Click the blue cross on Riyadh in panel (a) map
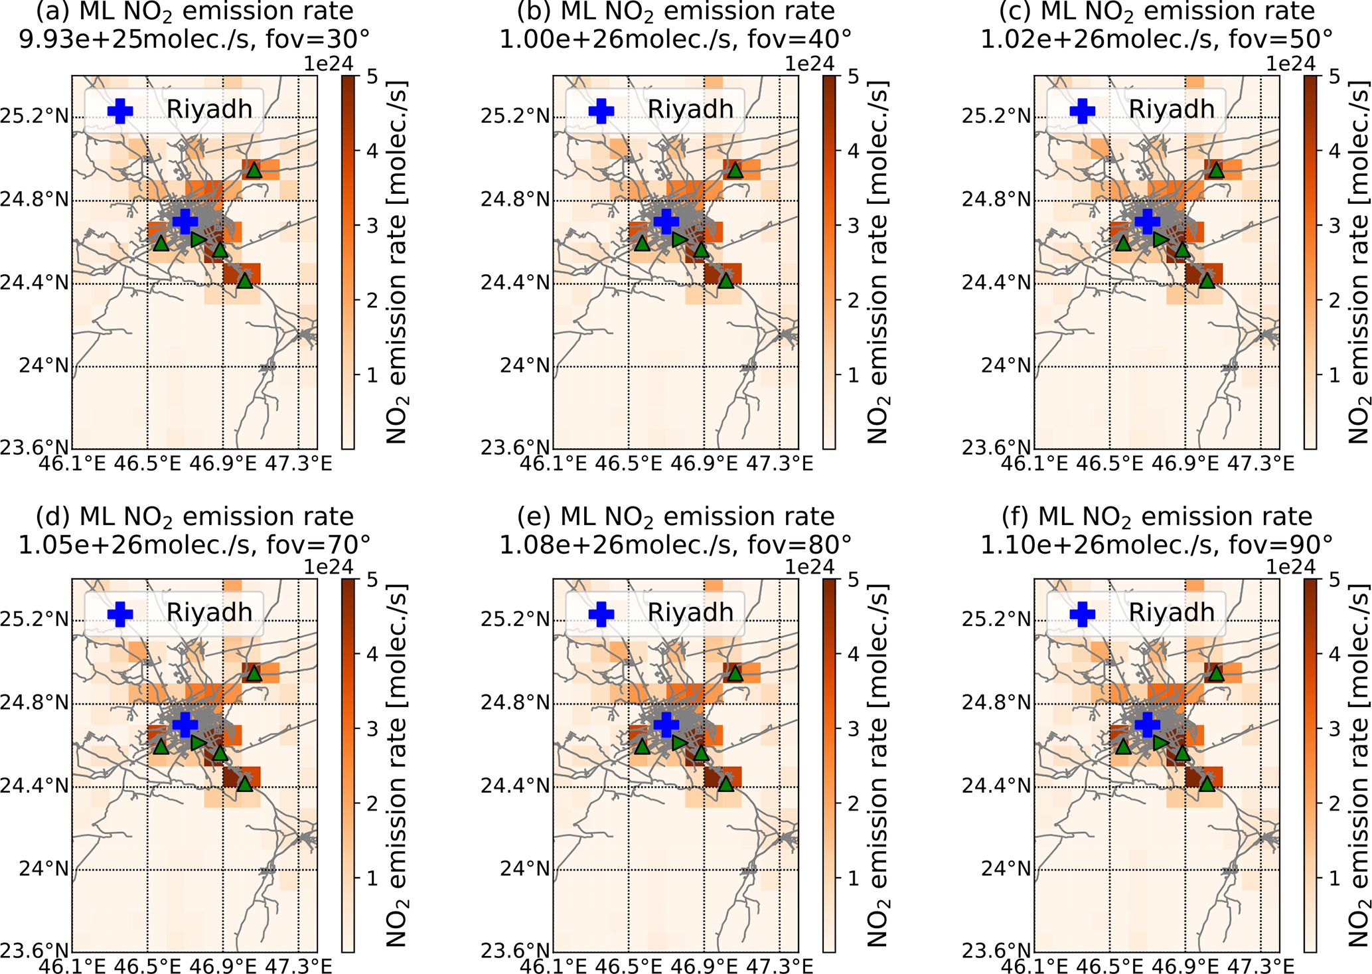coord(185,221)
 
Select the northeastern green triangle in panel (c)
coord(1216,170)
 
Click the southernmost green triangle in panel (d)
coord(245,784)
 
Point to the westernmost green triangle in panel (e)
coord(642,746)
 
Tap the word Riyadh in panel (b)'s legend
coord(690,110)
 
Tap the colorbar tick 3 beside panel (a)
coord(370,226)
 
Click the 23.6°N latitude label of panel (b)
coord(516,447)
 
